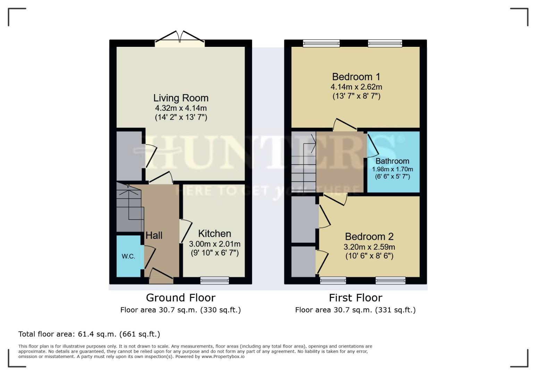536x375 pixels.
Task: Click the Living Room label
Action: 181,98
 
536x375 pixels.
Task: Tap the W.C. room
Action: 128,256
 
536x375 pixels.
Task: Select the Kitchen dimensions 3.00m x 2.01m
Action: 215,244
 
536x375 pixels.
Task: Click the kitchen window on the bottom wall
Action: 215,280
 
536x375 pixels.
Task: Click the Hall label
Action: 154,235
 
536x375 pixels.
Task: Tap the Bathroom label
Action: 392,161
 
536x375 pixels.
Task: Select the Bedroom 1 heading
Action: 356,77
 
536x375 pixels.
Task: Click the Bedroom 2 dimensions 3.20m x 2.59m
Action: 369,247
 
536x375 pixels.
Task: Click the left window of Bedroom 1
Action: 321,43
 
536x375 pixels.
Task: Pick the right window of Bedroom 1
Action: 385,43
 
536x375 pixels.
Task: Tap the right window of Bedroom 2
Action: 390,280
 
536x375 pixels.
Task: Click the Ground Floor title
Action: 181,298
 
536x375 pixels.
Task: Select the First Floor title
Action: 355,298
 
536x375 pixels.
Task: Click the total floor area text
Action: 89,334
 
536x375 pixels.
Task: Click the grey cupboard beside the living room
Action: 128,156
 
